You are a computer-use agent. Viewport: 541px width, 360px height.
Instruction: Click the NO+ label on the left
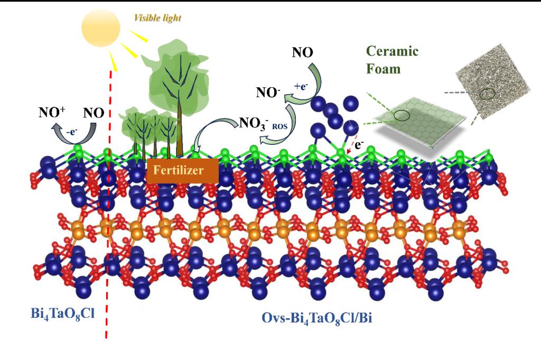(52, 112)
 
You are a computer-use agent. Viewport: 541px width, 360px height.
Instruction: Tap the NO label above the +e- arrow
(302, 52)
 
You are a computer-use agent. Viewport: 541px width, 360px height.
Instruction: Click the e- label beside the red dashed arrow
(359, 142)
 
